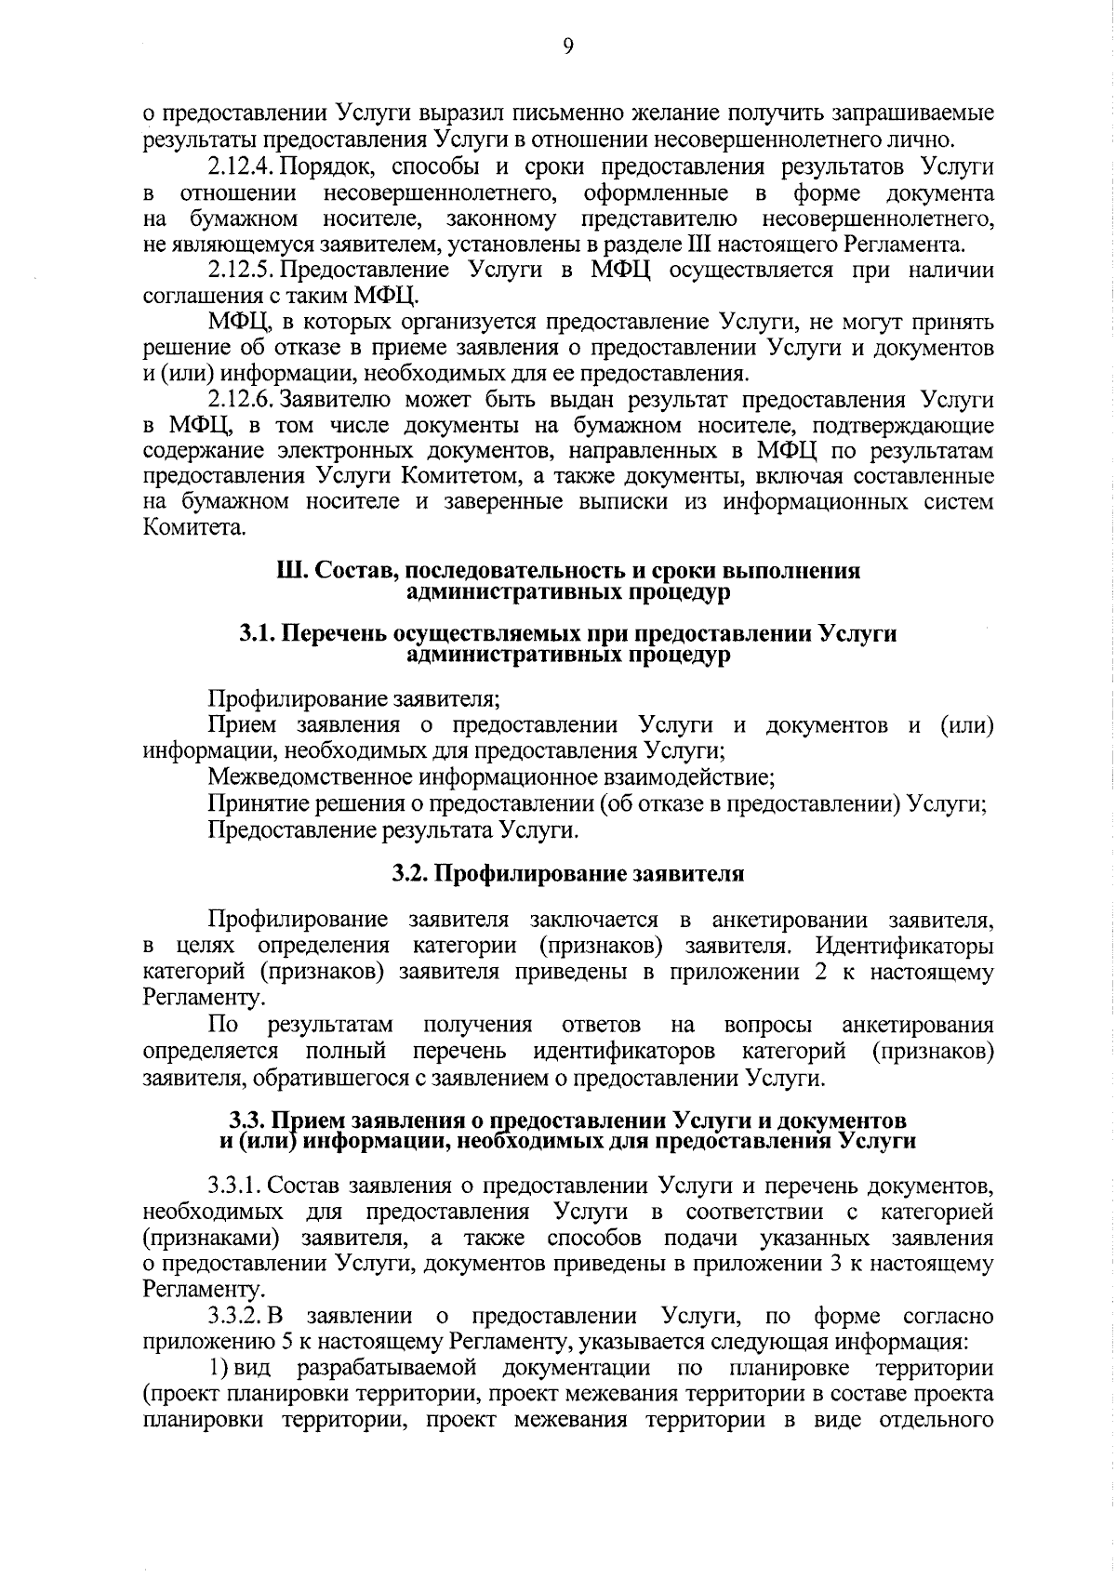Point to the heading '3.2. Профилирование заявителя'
pyautogui.click(x=567, y=875)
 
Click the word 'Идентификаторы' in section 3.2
pyautogui.click(x=904, y=947)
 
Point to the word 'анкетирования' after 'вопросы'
pyautogui.click(x=917, y=1025)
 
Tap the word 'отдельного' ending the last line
pyautogui.click(x=936, y=1421)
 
